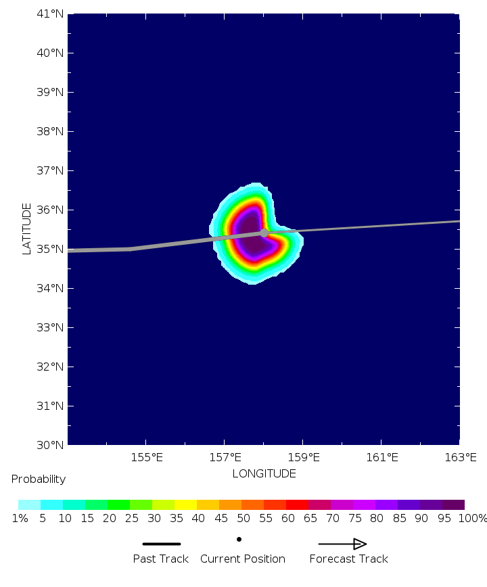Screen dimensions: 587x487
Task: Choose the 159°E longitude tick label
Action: coord(302,458)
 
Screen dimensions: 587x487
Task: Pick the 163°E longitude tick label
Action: coord(461,458)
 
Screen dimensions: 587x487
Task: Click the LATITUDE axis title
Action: coord(27,229)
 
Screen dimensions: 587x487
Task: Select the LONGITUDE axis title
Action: coord(264,473)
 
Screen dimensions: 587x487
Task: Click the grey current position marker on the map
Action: coord(264,233)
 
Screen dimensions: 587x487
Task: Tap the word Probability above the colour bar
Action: coord(39,479)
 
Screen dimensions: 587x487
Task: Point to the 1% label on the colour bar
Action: coord(19,519)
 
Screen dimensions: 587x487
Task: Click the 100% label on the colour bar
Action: coord(472,519)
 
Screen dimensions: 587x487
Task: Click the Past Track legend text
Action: coord(161,559)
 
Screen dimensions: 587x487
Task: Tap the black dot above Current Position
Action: coord(239,539)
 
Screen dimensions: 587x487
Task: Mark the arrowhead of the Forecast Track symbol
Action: coord(360,544)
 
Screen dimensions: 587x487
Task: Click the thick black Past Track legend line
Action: coord(161,544)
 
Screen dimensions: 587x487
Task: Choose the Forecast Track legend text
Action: coord(349,559)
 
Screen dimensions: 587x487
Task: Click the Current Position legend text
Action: coord(243,559)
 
